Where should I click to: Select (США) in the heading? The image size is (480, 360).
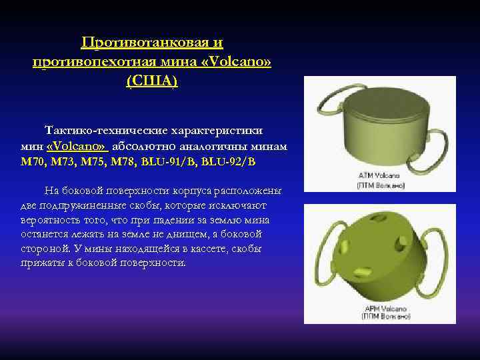pyautogui.click(x=151, y=81)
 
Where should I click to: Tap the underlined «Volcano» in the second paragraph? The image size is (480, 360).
pyautogui.click(x=77, y=146)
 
